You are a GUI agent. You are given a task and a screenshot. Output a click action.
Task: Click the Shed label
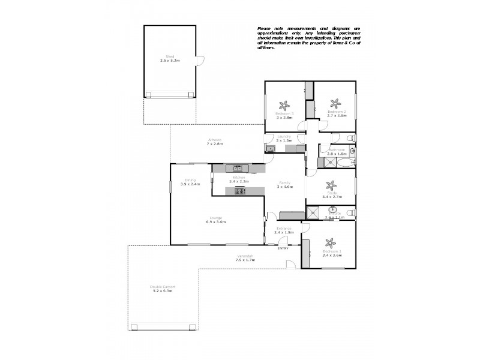[170, 56]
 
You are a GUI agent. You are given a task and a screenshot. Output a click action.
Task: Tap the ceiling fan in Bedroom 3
[284, 104]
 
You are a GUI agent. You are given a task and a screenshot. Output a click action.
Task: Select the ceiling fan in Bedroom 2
[337, 104]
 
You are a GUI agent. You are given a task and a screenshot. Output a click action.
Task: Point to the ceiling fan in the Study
[328, 185]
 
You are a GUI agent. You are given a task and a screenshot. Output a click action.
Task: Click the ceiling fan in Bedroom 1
[329, 244]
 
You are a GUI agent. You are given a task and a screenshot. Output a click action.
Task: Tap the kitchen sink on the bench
[238, 168]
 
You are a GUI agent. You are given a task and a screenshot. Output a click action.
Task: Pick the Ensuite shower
[313, 211]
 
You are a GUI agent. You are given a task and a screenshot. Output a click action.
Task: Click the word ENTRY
[283, 248]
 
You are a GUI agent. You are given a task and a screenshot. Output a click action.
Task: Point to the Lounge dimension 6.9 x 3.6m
[216, 222]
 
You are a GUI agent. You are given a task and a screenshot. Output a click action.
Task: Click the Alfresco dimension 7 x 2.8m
[215, 144]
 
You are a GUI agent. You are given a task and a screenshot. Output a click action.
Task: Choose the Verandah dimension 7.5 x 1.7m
[244, 260]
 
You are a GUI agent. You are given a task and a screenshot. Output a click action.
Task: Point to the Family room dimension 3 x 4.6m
[284, 187]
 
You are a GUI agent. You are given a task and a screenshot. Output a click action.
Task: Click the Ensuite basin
[332, 211]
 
